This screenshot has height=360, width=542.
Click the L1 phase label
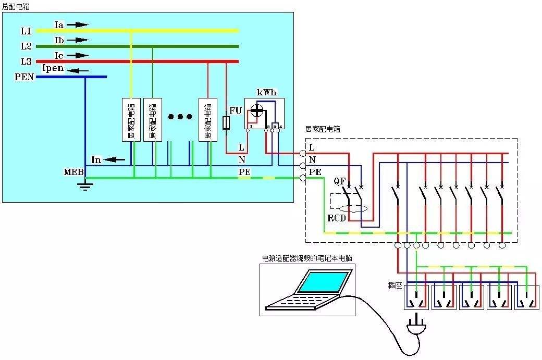click(x=26, y=31)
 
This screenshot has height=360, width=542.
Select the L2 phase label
click(x=26, y=46)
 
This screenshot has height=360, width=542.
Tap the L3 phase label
click(x=26, y=61)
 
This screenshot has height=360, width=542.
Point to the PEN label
click(x=24, y=77)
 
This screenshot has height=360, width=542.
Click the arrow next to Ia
click(x=78, y=24)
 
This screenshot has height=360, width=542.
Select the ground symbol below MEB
click(x=84, y=186)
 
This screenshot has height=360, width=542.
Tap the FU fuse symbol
click(x=226, y=123)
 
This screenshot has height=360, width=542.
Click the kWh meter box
click(x=264, y=114)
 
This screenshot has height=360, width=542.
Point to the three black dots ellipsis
click(x=180, y=117)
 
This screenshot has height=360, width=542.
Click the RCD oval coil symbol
click(x=353, y=208)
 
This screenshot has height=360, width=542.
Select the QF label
click(x=340, y=181)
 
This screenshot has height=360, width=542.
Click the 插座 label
click(x=394, y=285)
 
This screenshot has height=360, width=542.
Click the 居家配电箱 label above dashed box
click(x=323, y=129)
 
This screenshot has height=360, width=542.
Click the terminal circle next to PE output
click(x=303, y=178)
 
